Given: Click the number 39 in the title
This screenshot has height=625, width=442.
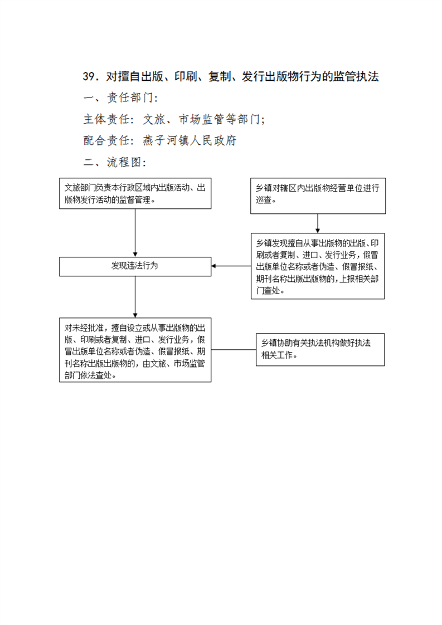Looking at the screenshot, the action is coord(89,76).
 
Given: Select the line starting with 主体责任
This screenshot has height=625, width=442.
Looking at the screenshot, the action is coord(173,119).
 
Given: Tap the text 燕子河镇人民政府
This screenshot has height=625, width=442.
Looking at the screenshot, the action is coord(190,140).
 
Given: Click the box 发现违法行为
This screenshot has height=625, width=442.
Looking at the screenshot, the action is coord(135,266).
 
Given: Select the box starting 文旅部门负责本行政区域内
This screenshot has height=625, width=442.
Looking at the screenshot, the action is coord(135,193).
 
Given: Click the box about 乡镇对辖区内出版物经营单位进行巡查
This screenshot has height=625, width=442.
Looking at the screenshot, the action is coord(318,196).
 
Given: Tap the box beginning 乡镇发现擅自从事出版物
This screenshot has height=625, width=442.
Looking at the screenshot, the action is coord(318,266).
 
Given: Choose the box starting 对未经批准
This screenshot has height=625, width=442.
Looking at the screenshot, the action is coord(135,350).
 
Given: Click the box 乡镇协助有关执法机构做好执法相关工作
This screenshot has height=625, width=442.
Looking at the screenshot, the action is coord(320,350).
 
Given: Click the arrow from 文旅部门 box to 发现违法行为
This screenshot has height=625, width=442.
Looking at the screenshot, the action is coord(135,233).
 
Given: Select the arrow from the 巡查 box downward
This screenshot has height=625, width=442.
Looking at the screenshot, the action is coord(318,223).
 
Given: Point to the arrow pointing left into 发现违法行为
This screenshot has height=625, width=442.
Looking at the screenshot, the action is coord(231,266).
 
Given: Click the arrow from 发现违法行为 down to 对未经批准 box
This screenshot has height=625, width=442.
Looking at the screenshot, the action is coord(135,297).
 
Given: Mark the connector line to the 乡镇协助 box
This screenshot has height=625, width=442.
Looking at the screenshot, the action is coord(234,350).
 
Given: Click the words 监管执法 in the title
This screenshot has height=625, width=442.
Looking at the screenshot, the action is coord(356,76).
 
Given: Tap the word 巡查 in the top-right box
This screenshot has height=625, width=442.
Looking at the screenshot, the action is coord(263,199).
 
